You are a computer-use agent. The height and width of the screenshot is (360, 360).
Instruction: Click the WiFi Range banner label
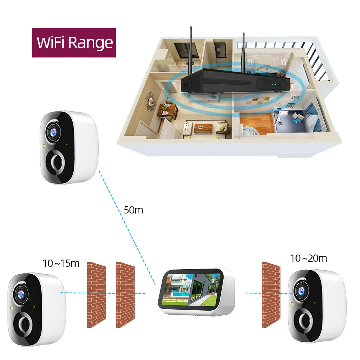point(75,42)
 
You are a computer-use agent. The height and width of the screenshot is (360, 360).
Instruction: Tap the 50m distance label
point(133,210)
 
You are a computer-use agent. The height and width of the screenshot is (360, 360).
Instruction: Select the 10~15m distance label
point(61,263)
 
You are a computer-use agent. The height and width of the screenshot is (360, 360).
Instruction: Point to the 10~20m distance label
point(309,258)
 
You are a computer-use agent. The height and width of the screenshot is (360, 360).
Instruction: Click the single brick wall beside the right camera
point(271,294)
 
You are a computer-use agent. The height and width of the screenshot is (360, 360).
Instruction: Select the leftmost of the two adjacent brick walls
point(96,294)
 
